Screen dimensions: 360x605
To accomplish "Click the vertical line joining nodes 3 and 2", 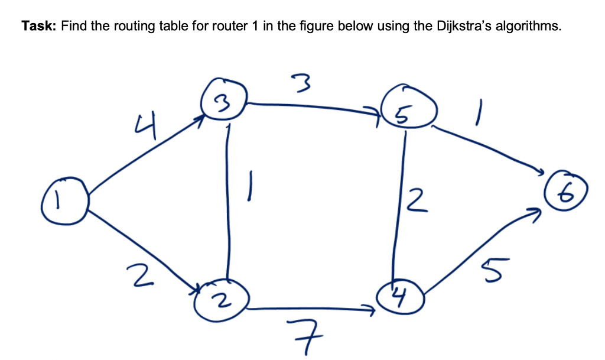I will point(227,201).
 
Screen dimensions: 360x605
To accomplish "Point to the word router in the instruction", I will point(227,27).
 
